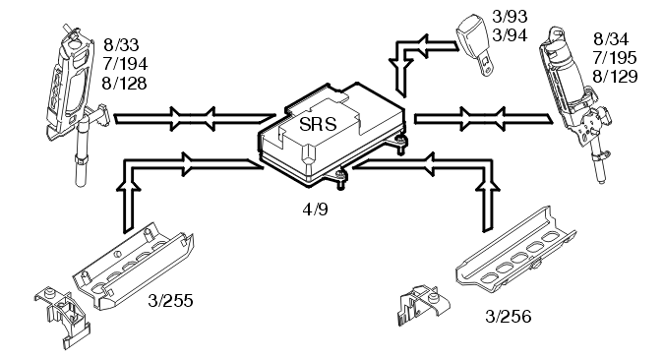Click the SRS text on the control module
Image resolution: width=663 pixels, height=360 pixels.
318,124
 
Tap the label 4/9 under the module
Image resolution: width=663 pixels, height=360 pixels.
315,210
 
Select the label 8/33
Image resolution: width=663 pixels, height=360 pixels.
121,45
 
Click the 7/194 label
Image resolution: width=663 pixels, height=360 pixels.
125,64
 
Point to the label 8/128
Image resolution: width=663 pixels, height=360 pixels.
124,83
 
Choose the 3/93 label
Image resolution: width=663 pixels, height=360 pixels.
510,17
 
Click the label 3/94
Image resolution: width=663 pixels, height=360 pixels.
510,35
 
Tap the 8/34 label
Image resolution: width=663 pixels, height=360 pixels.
612,39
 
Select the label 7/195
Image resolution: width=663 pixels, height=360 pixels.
615,57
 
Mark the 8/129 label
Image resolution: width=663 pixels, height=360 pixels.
615,77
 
